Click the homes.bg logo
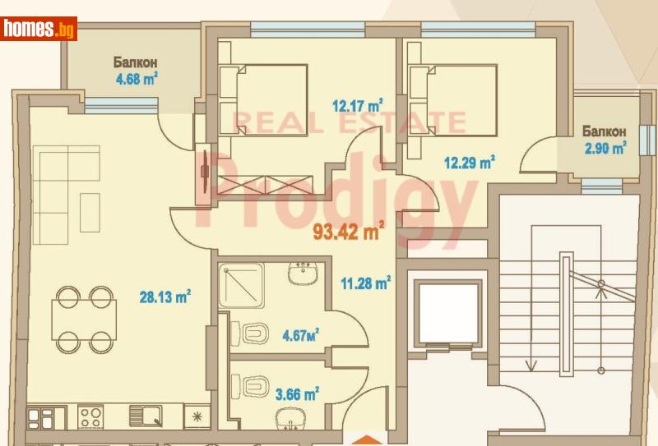point(39,29)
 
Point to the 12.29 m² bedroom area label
point(470,162)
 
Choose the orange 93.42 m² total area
point(349,232)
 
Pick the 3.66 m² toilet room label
point(297,393)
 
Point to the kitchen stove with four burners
point(90,416)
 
